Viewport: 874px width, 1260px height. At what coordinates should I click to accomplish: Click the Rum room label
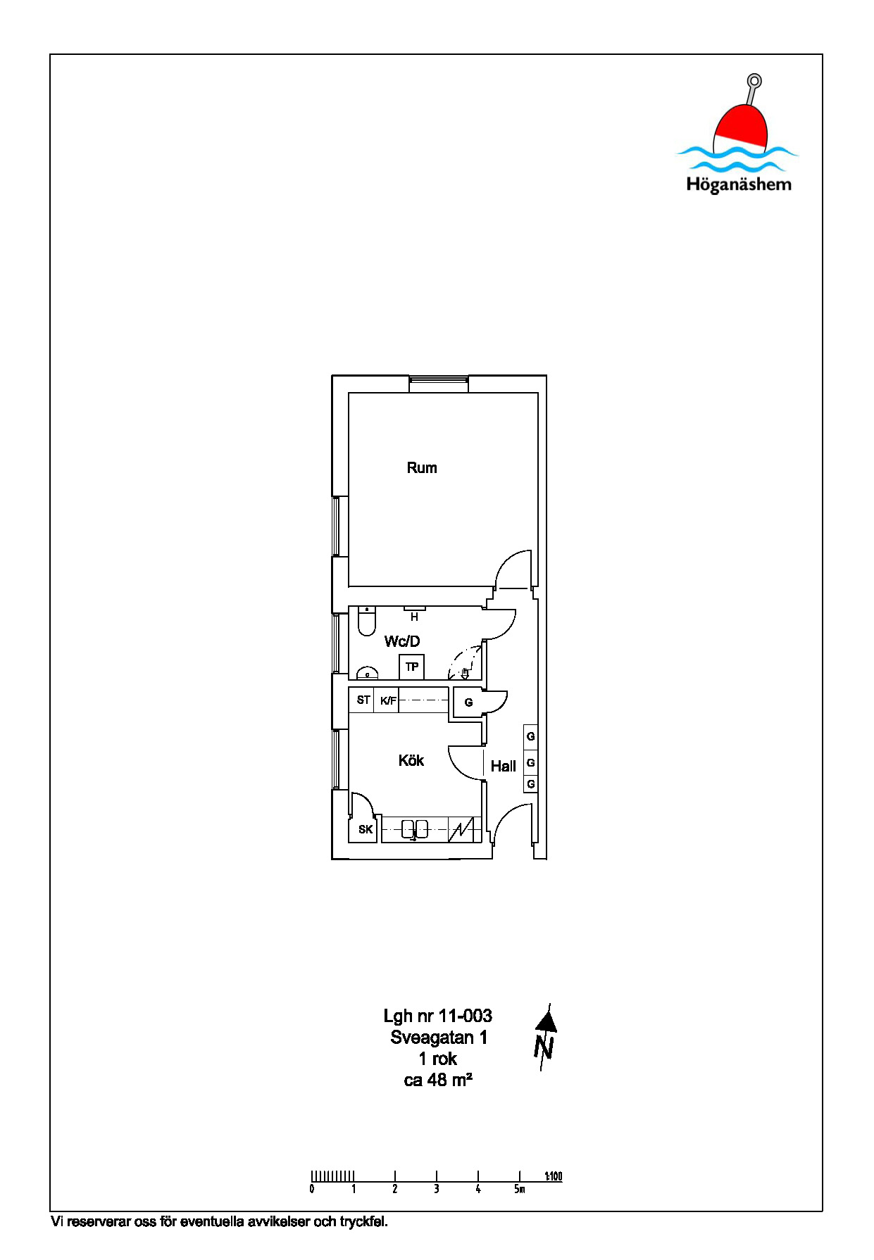(x=422, y=467)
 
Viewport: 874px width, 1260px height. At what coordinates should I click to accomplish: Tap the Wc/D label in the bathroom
(x=402, y=641)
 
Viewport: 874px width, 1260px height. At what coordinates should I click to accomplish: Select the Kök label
(x=411, y=760)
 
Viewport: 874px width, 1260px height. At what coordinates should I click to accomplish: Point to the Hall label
(x=504, y=766)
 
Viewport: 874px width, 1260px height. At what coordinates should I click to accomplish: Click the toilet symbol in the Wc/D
(x=366, y=621)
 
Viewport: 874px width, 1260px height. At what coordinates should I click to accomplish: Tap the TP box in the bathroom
(x=412, y=667)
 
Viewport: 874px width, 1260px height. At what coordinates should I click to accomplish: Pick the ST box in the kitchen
(x=362, y=700)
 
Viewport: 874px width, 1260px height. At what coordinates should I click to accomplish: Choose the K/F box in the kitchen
(x=387, y=700)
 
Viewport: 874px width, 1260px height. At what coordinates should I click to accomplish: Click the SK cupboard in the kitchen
(x=365, y=829)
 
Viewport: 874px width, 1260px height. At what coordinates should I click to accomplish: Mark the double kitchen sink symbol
(x=415, y=829)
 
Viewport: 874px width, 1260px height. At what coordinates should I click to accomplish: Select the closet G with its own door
(x=468, y=703)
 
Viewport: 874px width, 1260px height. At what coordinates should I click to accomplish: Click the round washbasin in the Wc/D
(x=367, y=674)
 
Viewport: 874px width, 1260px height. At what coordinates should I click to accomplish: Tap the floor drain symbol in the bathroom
(x=465, y=673)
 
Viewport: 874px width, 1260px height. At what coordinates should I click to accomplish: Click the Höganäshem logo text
(x=739, y=184)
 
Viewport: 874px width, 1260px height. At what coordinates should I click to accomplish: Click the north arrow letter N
(x=544, y=1047)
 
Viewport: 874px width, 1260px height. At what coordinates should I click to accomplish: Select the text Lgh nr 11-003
(x=438, y=1016)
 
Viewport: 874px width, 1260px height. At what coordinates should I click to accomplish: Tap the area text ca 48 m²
(x=438, y=1080)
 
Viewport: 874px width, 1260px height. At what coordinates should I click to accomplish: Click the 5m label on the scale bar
(x=519, y=1189)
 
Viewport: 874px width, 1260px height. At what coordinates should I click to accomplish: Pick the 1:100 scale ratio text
(x=554, y=1176)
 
